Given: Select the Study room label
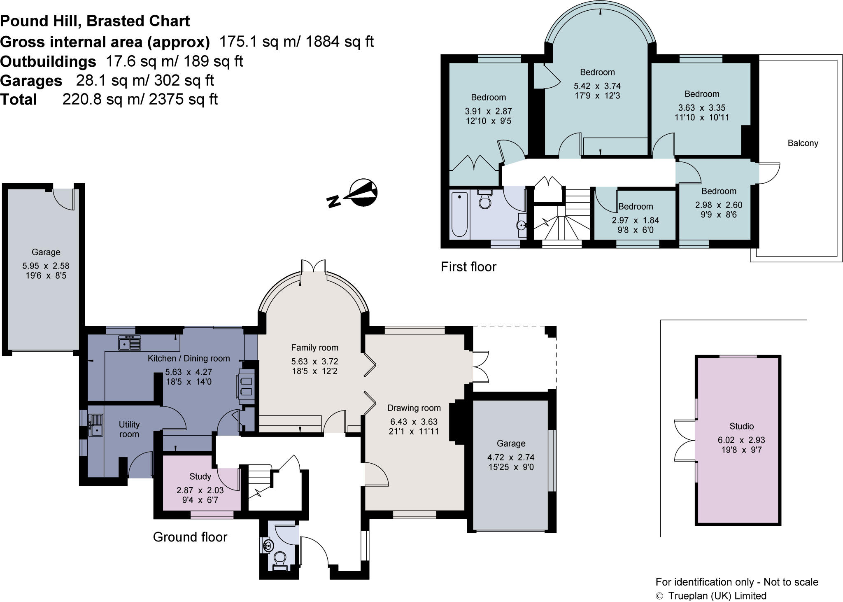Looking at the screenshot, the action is coord(200,476).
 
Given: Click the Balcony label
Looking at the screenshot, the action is coord(803,143).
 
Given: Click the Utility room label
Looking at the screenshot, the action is coord(129,429).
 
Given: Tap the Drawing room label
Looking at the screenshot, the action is coord(414,408).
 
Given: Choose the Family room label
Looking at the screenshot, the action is coord(314,348).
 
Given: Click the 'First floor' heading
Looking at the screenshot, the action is coord(468,267).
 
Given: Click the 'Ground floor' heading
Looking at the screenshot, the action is coord(190,537).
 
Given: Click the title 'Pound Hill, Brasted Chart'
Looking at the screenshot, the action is coord(95,21).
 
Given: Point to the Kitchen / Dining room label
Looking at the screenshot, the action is coord(189,358).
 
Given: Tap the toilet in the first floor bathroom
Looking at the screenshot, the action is coord(484,200).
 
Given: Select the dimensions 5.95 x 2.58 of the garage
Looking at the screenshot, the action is coord(46,266).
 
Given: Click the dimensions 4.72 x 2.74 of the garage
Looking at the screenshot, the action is coord(511,457).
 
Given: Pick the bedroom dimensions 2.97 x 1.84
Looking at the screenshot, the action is coord(636,220).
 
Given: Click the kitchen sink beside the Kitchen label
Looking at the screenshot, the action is coord(129,343).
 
